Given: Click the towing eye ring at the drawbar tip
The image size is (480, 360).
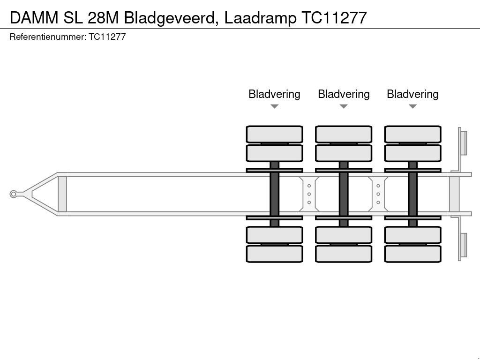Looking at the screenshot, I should coord(14,194).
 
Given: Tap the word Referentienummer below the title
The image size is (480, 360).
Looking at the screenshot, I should coord(46,37).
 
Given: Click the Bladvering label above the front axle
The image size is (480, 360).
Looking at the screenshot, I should coord(274,94).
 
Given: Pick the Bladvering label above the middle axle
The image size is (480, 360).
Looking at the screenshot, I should coord(344,94).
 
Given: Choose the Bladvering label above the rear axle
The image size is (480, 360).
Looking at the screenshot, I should coord(412,94).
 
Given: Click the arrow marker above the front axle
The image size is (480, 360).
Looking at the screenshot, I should coord(274,106).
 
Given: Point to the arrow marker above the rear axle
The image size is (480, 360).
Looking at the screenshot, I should coord(412,106).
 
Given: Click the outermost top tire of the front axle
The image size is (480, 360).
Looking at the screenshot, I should coord(274,134).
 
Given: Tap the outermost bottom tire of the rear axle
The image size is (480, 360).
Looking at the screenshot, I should coord(412,254).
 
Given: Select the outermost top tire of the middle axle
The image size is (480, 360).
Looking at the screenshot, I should coord(344,134).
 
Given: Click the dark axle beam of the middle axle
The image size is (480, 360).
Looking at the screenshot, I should coord(344,194).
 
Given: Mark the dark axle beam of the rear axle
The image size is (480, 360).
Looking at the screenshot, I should coord(412,194).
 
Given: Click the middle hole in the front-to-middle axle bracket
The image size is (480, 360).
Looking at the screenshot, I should coord(309,194).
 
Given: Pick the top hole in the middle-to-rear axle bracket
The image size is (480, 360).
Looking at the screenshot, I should coord(378,186).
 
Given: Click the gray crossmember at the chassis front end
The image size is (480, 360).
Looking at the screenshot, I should coord(62,194).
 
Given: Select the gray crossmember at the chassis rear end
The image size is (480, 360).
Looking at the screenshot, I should coord(454,194).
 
